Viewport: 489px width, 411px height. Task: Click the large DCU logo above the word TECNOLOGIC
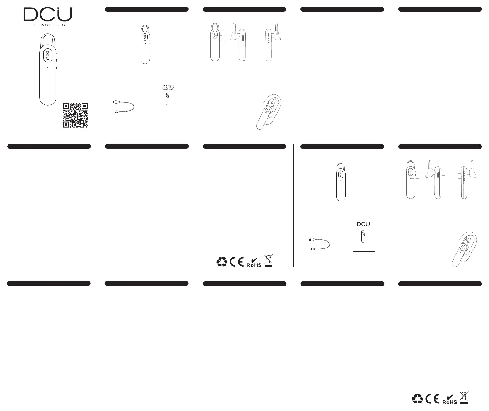click(x=48, y=14)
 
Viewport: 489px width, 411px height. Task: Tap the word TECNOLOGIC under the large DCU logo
click(x=48, y=25)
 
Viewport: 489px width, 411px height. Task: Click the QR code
click(x=75, y=115)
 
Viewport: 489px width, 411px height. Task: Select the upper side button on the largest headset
click(x=56, y=57)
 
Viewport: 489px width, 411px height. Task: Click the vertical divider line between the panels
click(x=293, y=205)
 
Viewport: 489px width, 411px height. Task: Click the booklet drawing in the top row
click(x=168, y=99)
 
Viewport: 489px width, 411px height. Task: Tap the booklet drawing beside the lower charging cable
click(x=364, y=236)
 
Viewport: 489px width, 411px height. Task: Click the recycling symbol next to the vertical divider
click(x=222, y=262)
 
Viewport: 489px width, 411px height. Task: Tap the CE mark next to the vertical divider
click(x=237, y=262)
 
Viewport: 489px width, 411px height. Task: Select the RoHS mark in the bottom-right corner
click(x=449, y=400)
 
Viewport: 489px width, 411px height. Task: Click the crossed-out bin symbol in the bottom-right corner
click(x=463, y=398)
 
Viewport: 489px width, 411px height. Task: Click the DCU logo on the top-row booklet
click(x=168, y=87)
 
